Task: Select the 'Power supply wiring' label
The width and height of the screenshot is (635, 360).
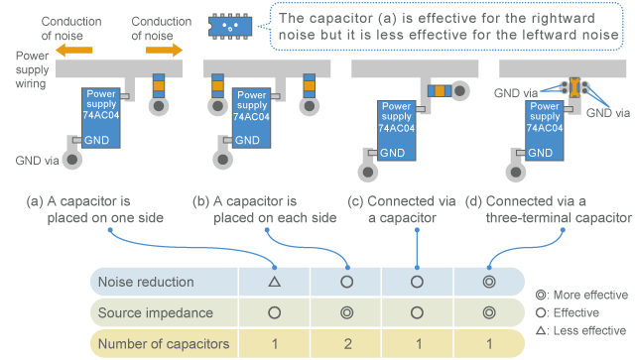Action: pos(28,70)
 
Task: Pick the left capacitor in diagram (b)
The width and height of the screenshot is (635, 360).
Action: pos(214,86)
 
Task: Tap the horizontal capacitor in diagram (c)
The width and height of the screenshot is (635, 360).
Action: pos(439,90)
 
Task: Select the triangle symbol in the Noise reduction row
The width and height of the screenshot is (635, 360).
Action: pos(274,282)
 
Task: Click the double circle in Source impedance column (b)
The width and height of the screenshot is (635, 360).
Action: pos(346,312)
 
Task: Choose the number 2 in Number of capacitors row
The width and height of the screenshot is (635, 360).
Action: pos(346,344)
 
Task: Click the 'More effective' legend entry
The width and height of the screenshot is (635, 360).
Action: pos(584,295)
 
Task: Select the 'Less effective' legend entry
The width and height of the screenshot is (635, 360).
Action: pos(584,331)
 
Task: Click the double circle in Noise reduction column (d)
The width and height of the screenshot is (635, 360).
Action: pos(489,282)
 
